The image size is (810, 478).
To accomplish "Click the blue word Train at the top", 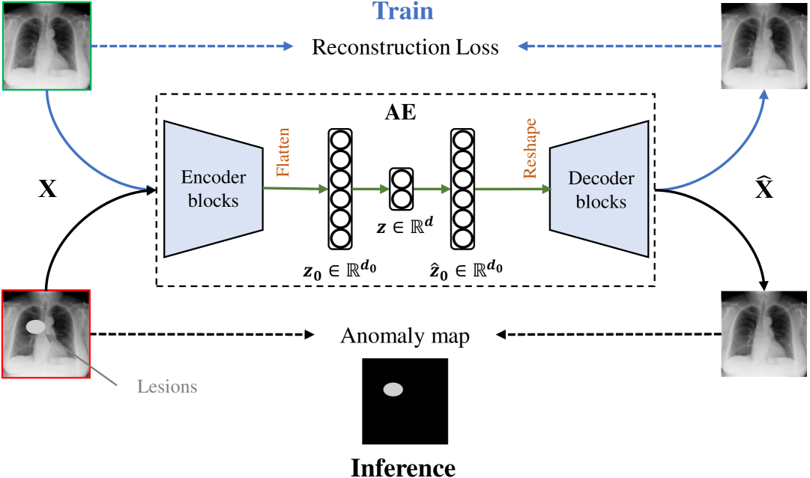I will pos(403,12).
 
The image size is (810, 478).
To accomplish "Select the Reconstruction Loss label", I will pos(405,47).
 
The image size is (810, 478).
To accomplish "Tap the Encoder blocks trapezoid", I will pos(214,190).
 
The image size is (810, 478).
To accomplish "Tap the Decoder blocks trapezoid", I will pos(599,190).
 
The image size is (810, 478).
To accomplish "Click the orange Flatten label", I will pos(283,152).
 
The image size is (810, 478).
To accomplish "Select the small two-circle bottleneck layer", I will pos(401,190).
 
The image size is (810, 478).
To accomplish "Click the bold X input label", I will pos(47,190).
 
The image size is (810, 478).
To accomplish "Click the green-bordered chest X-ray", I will pos(47,45).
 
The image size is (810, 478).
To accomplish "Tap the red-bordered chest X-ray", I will pos(47,333).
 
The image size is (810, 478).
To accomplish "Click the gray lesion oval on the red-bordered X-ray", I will pos(36,327).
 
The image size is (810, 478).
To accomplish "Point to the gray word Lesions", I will pos(167,387).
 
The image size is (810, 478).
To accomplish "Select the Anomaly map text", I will pos(405,336).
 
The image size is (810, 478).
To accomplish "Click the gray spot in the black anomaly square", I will pos(393,389).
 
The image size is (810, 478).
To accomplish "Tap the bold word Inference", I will pos(403,468).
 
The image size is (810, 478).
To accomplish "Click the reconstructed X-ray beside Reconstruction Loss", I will pos(764,45).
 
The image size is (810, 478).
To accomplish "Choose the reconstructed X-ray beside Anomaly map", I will pos(764,333).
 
